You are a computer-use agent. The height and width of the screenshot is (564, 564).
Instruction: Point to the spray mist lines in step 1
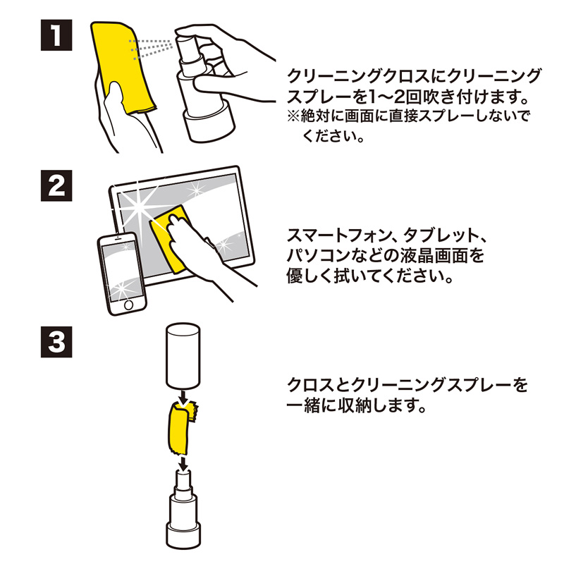(152, 48)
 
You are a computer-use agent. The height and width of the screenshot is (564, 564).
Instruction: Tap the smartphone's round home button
(129, 305)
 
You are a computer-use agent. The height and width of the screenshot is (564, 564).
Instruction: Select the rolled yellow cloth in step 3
(178, 427)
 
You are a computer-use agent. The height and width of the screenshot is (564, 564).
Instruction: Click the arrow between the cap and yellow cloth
(183, 401)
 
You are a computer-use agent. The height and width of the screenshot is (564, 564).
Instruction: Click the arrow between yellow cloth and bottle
(183, 462)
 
